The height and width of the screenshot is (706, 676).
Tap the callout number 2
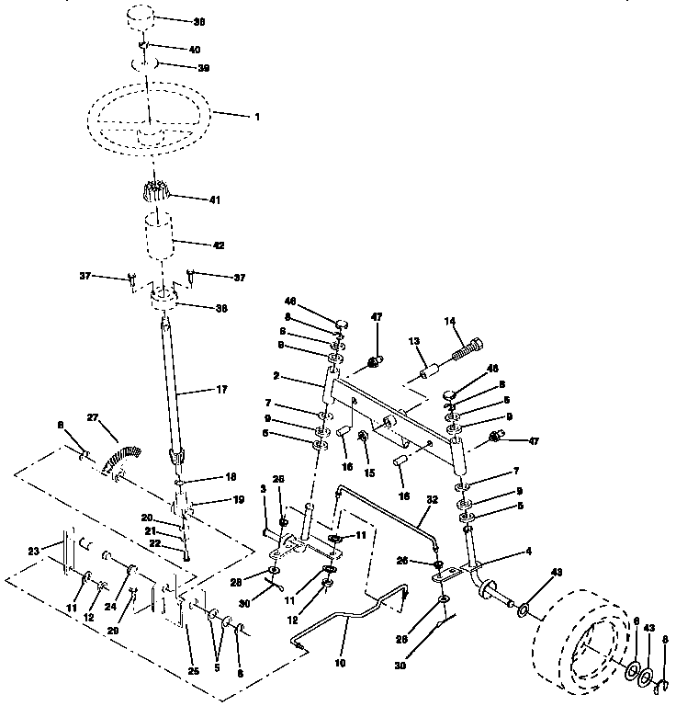click(276, 377)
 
